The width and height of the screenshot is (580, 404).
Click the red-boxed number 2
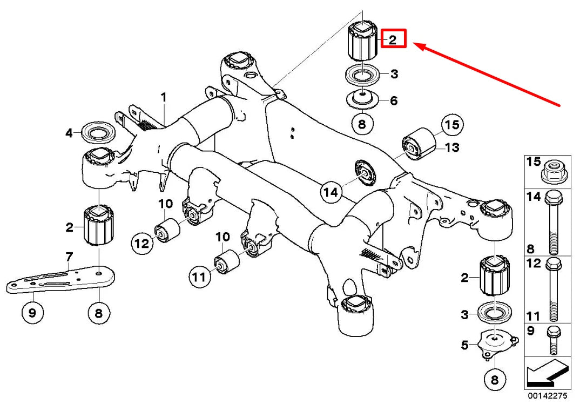point(394,38)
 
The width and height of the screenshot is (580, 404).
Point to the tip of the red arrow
point(413,44)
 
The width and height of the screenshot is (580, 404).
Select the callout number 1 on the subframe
point(164,98)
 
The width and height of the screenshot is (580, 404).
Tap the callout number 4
point(70,132)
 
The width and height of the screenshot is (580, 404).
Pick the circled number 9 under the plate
point(32,313)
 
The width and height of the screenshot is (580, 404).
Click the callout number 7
point(69,257)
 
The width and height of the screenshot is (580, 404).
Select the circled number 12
point(142,243)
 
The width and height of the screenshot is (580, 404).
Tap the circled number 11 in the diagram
point(199,277)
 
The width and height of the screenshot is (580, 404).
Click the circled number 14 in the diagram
point(331,192)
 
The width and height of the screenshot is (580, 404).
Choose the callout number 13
point(452,147)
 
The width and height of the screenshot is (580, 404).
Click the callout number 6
point(394,100)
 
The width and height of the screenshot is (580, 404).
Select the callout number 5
point(465,345)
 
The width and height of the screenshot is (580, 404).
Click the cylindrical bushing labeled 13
point(419,143)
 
